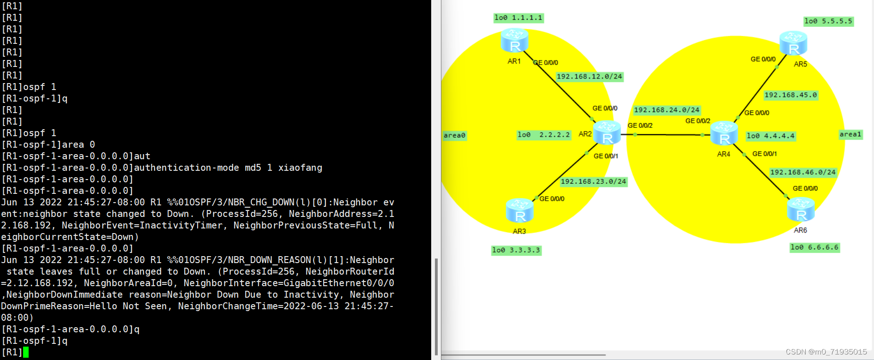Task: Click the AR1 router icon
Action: [514, 41]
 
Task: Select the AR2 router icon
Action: [607, 133]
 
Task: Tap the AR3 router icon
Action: [519, 210]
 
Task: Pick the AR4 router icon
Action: [724, 134]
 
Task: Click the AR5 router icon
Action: [793, 43]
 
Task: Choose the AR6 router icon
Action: [801, 210]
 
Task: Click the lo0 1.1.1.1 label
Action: [518, 18]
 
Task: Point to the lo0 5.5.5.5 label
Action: [828, 21]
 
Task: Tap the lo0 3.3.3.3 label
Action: [516, 250]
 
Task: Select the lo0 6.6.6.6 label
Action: [814, 247]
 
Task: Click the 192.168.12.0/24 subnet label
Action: [589, 77]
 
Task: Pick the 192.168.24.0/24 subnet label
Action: [666, 110]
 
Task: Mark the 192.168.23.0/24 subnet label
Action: [593, 181]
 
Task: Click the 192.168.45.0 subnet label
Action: [790, 95]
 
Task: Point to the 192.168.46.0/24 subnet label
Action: [803, 172]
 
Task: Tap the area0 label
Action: [454, 135]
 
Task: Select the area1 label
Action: [850, 134]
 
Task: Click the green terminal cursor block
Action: [26, 352]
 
